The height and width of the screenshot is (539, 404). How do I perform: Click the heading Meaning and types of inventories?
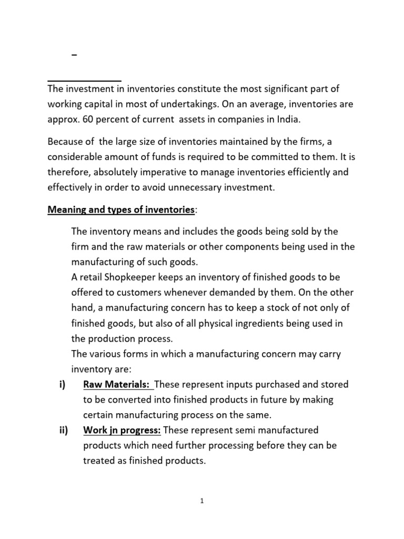point(121,210)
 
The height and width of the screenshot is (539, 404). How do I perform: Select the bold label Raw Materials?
point(116,385)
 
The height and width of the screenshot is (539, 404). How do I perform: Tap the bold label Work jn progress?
point(122,430)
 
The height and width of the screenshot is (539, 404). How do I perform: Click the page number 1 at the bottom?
point(201,501)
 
